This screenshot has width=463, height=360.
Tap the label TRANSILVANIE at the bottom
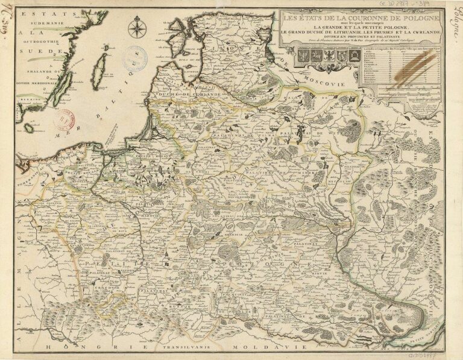174,348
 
